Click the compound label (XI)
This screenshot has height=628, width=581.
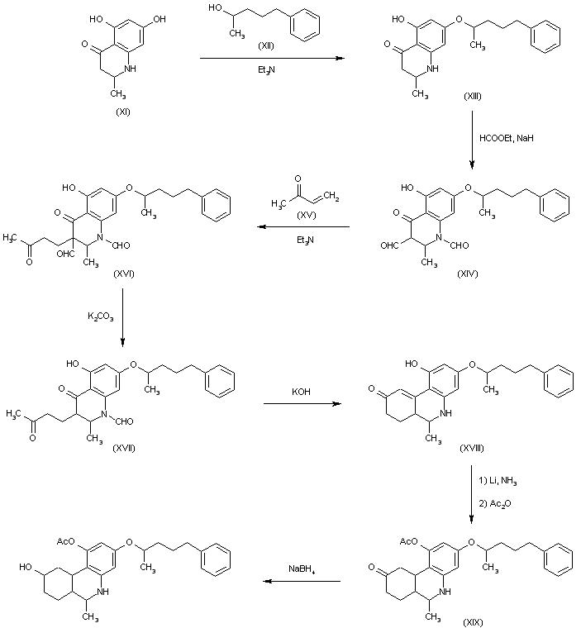tap(123, 112)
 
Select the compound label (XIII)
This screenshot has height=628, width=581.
tap(473, 96)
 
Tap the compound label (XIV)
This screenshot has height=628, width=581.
tap(468, 274)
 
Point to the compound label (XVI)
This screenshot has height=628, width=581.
tap(124, 274)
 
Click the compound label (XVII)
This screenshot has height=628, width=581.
tap(124, 448)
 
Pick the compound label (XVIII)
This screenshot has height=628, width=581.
tap(472, 448)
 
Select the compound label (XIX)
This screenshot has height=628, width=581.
tap(473, 622)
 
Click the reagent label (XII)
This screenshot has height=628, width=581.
tap(266, 46)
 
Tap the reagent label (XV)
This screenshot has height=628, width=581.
tap(306, 216)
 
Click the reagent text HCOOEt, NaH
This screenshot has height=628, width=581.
tap(507, 138)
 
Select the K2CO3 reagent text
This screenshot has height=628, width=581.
tap(101, 316)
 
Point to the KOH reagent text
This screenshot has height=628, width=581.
tap(301, 392)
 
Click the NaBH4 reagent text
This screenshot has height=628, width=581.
tap(302, 569)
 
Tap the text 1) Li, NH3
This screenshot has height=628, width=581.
tap(498, 481)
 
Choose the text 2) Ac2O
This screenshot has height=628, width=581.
tap(495, 503)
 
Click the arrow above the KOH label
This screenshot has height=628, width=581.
tap(302, 404)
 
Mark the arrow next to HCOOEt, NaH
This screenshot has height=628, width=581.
tap(472, 140)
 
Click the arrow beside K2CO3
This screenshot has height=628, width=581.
tap(122, 317)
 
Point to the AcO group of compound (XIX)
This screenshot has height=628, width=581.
tap(409, 541)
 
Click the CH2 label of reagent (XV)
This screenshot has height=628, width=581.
tap(331, 197)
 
